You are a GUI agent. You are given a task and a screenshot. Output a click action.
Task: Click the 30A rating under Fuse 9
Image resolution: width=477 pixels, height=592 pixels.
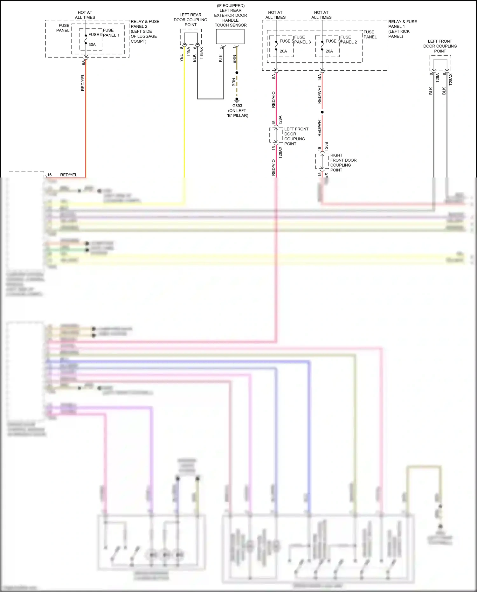[x=92, y=45]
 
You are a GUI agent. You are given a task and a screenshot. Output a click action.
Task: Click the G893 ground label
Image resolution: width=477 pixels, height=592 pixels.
[x=237, y=106]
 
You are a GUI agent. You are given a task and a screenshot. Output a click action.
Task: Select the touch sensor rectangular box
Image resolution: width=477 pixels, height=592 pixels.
[x=230, y=37]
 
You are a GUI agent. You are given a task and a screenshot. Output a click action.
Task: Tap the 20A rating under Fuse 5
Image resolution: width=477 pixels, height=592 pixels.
[x=283, y=51]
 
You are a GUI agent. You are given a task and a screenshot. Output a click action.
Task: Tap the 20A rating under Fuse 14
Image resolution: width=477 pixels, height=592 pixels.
[x=329, y=51]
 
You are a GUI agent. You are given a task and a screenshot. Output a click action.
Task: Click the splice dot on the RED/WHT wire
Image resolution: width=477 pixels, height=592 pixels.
[x=322, y=112]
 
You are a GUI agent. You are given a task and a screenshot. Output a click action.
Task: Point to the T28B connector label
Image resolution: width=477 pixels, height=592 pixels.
[x=326, y=146]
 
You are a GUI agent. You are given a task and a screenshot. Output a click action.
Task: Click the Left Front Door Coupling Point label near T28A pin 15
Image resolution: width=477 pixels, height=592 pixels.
[x=296, y=136]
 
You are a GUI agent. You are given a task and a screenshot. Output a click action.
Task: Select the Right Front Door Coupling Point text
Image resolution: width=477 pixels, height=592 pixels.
[x=343, y=163]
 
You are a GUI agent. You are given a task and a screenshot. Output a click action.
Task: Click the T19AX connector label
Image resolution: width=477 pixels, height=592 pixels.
[x=201, y=53]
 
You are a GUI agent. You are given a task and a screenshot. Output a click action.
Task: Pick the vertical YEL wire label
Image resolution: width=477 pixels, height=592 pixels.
[x=181, y=58]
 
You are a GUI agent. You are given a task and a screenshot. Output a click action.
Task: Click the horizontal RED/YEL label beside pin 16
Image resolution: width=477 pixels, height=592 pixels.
[x=69, y=175]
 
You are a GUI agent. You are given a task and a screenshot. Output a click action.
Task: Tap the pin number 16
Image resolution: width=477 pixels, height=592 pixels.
[x=50, y=175]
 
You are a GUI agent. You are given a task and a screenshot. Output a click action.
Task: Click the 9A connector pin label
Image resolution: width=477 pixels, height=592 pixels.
[x=83, y=62]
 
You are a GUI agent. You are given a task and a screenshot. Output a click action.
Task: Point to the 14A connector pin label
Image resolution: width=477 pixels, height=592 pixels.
[x=320, y=77]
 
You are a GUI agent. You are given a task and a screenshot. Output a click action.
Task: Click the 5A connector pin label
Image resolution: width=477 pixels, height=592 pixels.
[x=273, y=77]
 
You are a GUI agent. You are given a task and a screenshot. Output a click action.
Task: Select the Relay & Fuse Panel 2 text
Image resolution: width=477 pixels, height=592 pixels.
[x=145, y=31]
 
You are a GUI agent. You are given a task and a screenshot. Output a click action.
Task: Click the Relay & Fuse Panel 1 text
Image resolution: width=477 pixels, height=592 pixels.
[x=402, y=29]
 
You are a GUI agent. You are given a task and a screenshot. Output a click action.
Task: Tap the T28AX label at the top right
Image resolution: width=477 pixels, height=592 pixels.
[x=451, y=79]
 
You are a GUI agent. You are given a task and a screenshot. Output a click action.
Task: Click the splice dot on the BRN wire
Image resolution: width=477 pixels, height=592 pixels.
[x=237, y=73]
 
